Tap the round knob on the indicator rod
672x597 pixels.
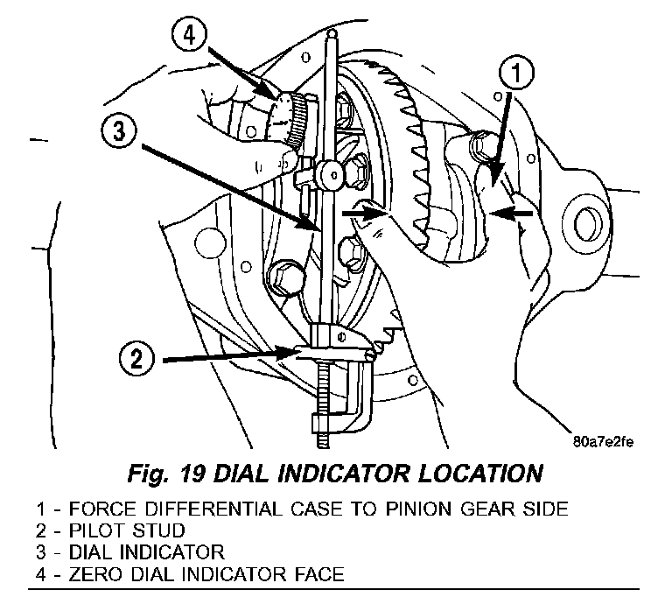330,175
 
